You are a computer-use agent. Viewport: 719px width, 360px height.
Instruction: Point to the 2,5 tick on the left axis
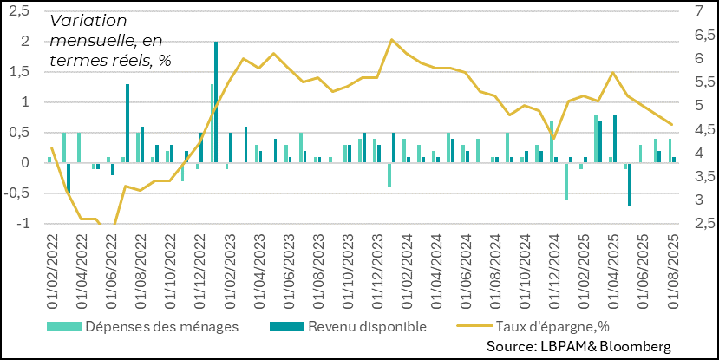(x=19, y=11)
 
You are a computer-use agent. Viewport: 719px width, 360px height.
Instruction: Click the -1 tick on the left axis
(x=23, y=223)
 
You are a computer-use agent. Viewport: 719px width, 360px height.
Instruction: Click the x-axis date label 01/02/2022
(x=53, y=269)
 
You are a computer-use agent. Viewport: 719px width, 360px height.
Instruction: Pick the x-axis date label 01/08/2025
(x=673, y=269)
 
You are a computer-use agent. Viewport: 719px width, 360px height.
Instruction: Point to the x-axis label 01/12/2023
(x=378, y=269)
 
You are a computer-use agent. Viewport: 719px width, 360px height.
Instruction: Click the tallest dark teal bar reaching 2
(x=216, y=101)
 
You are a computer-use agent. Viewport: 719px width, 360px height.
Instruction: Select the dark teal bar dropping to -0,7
(x=630, y=184)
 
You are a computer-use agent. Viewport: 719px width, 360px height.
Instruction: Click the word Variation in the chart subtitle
(x=88, y=21)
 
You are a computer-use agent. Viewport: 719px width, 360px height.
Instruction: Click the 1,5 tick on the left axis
(x=19, y=72)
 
